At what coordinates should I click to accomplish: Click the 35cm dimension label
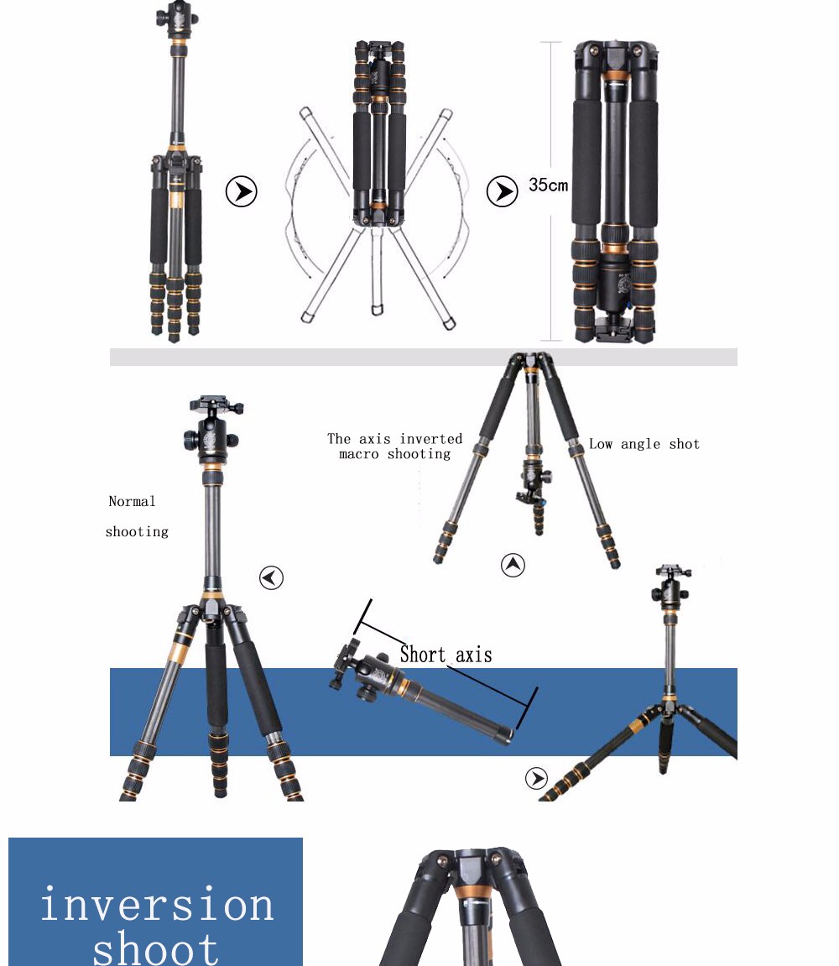[548, 185]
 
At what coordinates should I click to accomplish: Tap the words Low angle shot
[644, 444]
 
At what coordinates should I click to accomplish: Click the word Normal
[132, 502]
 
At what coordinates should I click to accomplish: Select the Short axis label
[446, 655]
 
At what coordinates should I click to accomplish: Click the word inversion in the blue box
[157, 905]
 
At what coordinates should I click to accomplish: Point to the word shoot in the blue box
[156, 948]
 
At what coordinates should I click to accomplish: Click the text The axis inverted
[395, 439]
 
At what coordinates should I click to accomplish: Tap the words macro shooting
[395, 454]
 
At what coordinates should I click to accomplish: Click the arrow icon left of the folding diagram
[241, 191]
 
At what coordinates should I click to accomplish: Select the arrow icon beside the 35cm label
[502, 191]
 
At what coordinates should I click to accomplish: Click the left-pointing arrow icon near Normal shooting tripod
[271, 578]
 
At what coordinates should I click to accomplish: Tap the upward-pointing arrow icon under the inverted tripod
[513, 565]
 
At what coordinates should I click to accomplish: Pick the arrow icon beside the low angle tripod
[536, 778]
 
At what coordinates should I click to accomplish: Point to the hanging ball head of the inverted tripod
[532, 483]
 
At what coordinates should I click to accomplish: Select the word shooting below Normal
[137, 531]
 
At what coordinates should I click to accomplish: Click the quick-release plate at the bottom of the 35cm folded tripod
[613, 328]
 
